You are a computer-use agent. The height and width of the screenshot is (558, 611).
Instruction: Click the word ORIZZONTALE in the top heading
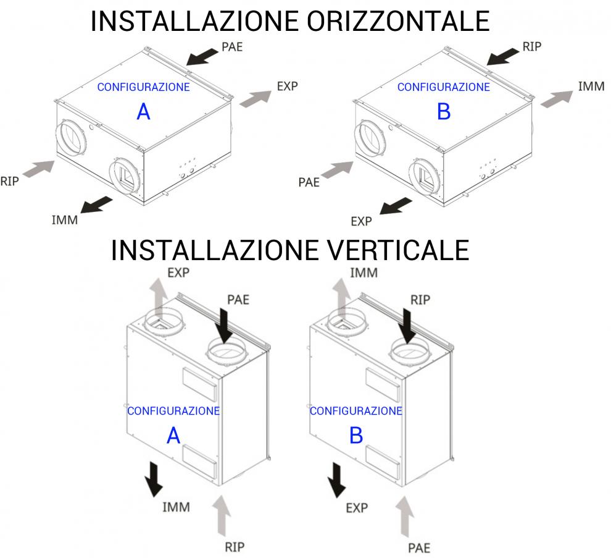click(x=398, y=21)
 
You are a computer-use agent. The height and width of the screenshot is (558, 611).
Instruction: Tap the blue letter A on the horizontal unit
click(x=143, y=112)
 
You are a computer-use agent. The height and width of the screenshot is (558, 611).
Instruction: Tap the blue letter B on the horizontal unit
click(x=444, y=112)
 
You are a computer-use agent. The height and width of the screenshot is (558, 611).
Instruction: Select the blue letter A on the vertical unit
click(x=173, y=436)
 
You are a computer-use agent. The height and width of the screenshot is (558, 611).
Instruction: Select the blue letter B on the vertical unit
click(x=356, y=436)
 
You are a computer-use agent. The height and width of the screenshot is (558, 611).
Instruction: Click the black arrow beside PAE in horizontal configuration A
click(x=202, y=57)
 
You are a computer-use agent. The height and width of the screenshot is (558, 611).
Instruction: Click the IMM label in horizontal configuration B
click(x=591, y=87)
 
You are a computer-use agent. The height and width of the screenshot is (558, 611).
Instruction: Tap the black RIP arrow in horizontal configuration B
click(x=502, y=57)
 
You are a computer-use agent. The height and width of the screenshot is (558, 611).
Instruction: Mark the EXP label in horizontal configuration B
click(x=361, y=222)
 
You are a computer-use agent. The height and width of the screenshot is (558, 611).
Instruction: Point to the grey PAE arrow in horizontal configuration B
click(x=338, y=170)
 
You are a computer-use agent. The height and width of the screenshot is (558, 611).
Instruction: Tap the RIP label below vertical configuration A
click(x=235, y=547)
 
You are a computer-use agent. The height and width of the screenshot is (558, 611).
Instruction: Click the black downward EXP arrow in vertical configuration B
click(x=337, y=480)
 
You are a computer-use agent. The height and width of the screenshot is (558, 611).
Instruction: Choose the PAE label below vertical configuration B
click(x=419, y=548)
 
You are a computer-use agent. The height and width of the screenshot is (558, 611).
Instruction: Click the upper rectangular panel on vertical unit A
click(x=199, y=384)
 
